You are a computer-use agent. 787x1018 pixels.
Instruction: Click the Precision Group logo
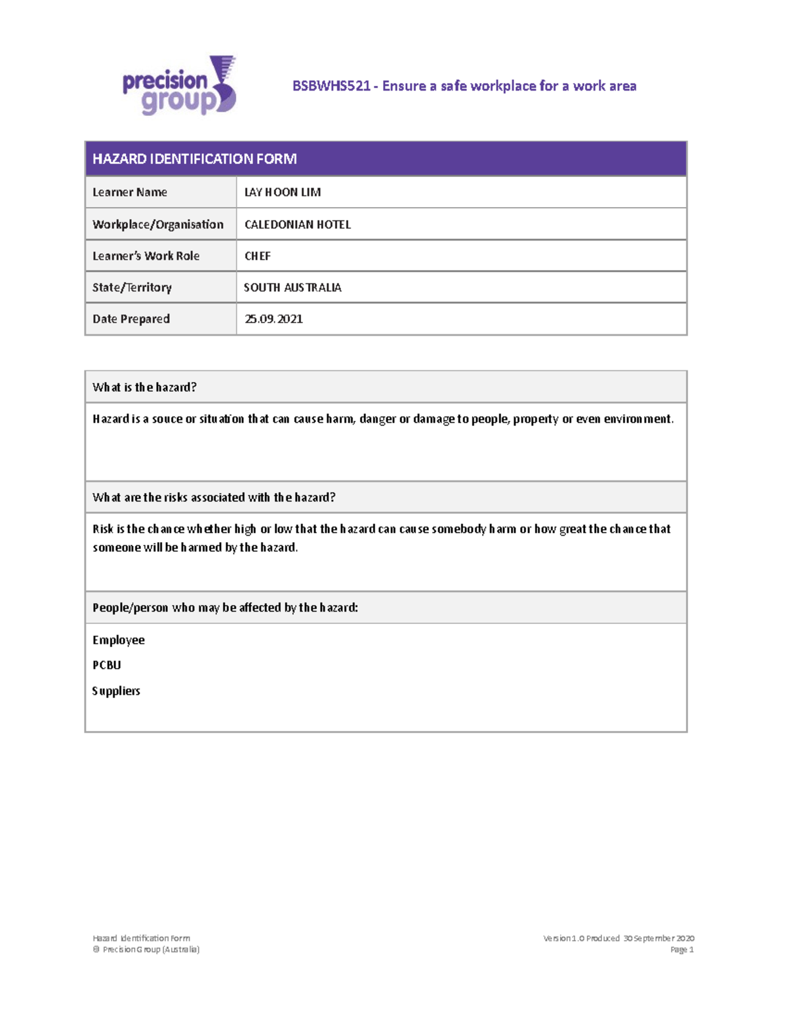[x=178, y=86]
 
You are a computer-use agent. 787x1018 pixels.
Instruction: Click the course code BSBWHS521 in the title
[x=331, y=86]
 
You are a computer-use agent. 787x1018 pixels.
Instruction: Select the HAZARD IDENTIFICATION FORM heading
[x=194, y=159]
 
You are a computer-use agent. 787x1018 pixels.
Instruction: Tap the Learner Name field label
[x=130, y=192]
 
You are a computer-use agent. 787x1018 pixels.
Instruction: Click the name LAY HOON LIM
[x=282, y=192]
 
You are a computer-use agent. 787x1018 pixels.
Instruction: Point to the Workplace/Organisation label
[x=157, y=224]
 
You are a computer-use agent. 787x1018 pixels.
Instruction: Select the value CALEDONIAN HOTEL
[x=297, y=224]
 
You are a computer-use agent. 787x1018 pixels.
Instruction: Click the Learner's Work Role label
[x=146, y=256]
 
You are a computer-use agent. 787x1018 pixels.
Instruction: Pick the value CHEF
[x=257, y=256]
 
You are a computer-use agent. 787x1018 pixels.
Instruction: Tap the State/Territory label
[x=132, y=287]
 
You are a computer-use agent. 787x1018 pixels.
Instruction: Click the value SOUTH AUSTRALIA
[x=293, y=287]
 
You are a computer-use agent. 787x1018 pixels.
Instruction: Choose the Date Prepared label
[x=131, y=319]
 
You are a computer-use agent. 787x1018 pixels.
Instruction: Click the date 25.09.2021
[x=273, y=319]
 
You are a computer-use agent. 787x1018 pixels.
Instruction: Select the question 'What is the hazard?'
[x=144, y=387]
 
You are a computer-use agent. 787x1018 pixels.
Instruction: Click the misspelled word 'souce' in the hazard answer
[x=167, y=419]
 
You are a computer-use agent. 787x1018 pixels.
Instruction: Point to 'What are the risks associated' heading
[x=214, y=497]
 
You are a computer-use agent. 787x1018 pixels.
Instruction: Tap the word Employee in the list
[x=119, y=640]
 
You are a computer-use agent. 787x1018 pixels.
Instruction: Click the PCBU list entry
[x=107, y=665]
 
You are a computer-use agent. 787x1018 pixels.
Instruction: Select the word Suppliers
[x=116, y=690]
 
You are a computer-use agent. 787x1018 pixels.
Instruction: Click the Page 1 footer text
[x=681, y=949]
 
